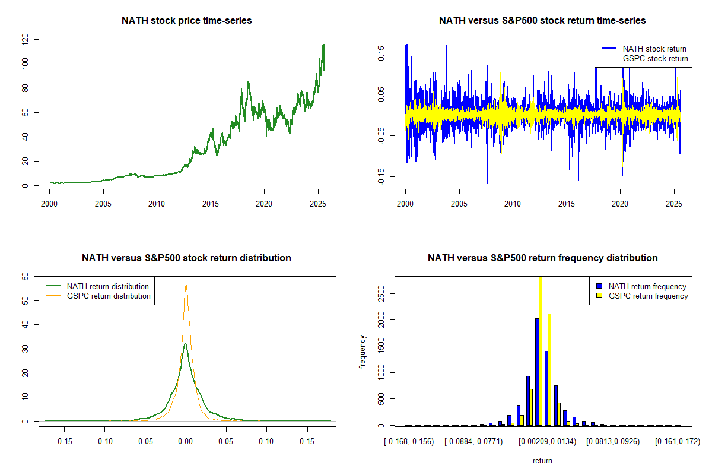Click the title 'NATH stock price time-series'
pyautogui.click(x=186, y=21)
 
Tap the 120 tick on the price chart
pyautogui.click(x=25, y=40)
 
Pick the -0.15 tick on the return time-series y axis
pyautogui.click(x=380, y=176)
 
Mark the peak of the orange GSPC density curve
pyautogui.click(x=186, y=284)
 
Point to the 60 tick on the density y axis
pyautogui.click(x=25, y=276)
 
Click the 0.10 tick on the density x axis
pyautogui.click(x=267, y=441)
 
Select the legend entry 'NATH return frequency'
pyautogui.click(x=647, y=286)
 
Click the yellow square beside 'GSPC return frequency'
pyautogui.click(x=599, y=296)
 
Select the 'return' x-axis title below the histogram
pyautogui.click(x=542, y=460)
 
